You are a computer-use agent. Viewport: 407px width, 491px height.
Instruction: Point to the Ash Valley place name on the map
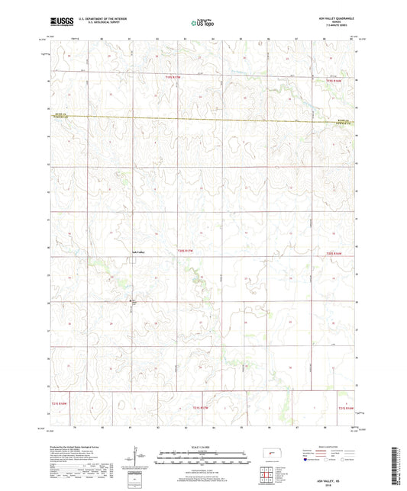tap(134, 251)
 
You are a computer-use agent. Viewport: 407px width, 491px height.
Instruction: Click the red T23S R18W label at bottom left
tap(60, 405)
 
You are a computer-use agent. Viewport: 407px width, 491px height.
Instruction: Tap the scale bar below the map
tap(202, 460)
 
